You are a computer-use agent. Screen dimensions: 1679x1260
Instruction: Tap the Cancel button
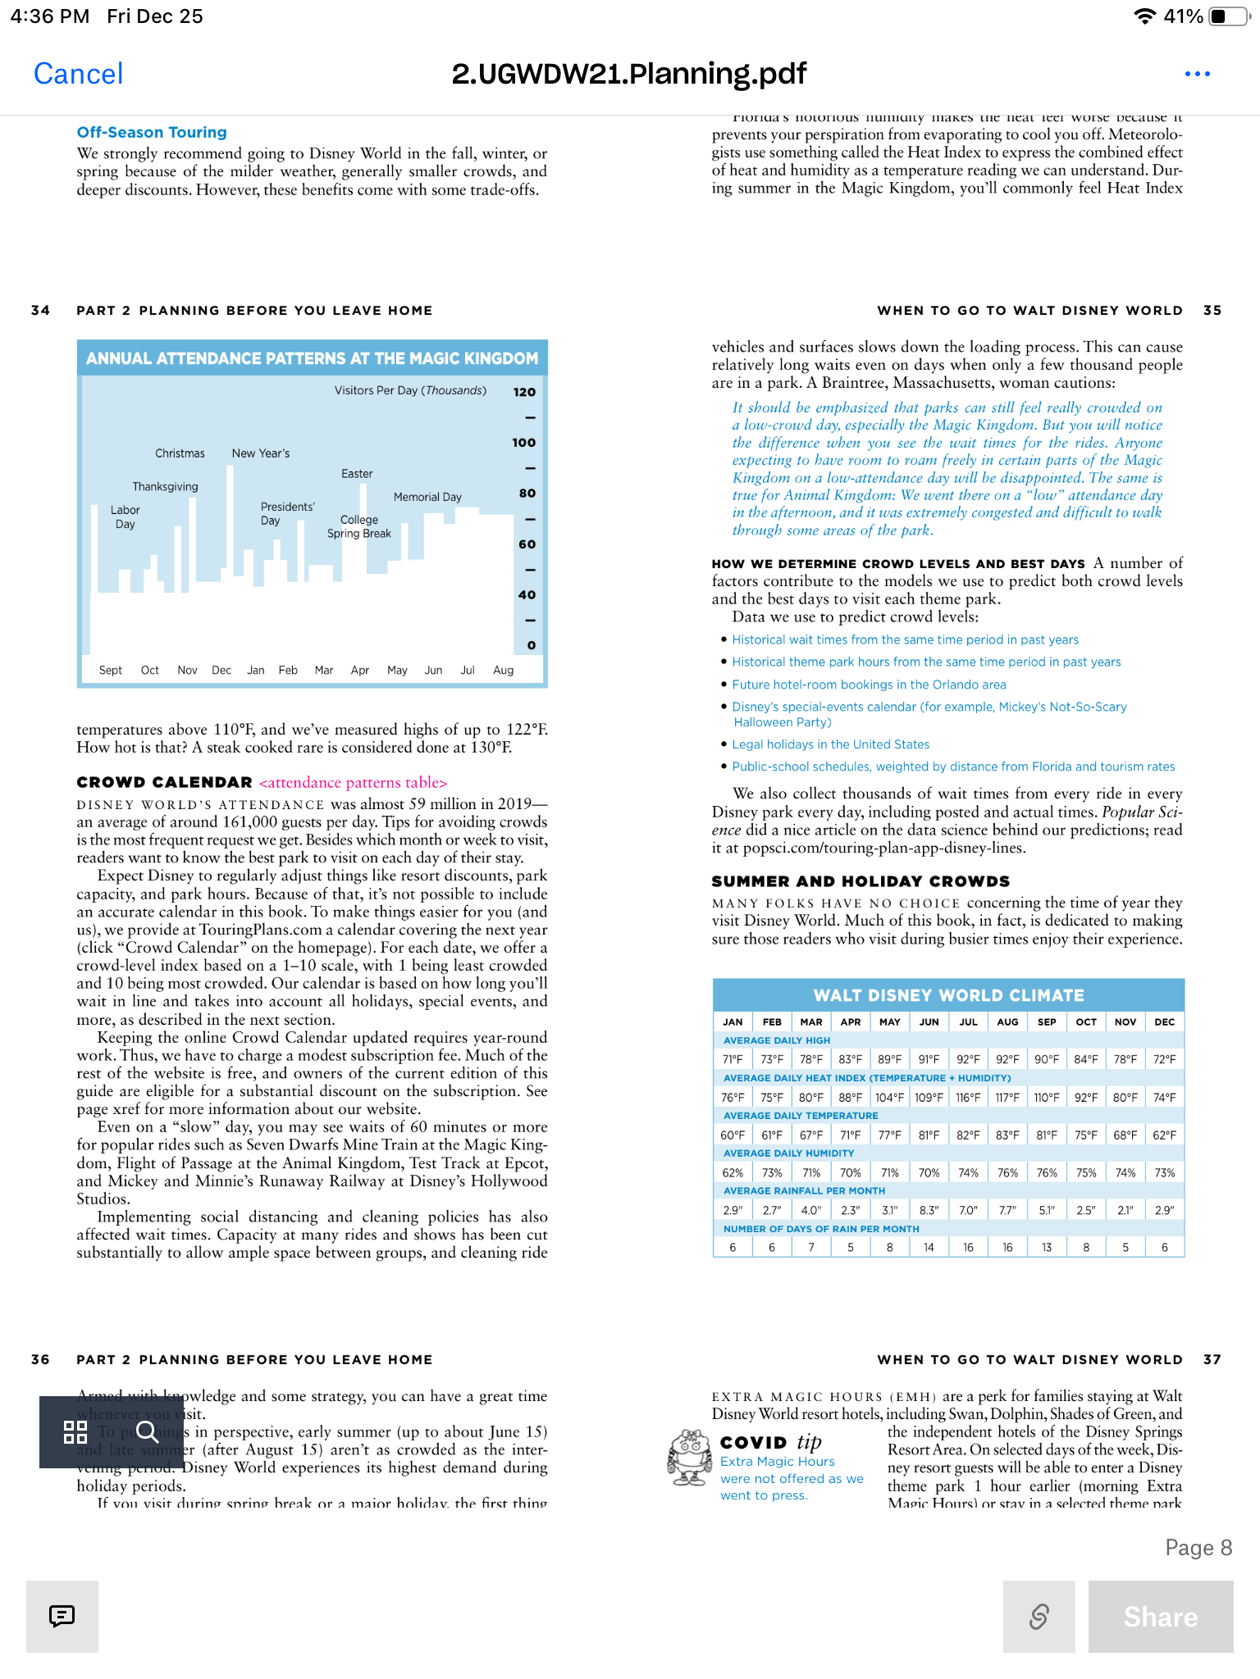(79, 74)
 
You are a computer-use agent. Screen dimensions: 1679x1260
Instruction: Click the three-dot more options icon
(1197, 74)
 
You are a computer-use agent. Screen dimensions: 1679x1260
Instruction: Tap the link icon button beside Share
(1039, 1616)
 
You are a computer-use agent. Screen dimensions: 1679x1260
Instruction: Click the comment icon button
(62, 1616)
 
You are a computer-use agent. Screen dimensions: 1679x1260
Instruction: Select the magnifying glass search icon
(148, 1431)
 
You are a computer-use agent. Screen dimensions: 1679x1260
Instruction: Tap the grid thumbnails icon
(75, 1432)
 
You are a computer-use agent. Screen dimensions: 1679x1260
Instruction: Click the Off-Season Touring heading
(152, 132)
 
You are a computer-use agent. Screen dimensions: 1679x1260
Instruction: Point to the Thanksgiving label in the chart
(165, 486)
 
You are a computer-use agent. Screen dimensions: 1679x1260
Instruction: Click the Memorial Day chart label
(427, 497)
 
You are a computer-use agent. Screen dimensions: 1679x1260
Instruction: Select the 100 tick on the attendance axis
(523, 443)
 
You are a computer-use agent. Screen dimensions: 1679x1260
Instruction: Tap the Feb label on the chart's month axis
(288, 670)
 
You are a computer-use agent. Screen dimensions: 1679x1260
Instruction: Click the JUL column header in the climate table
(968, 1022)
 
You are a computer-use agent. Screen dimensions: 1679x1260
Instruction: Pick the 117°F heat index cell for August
(1007, 1097)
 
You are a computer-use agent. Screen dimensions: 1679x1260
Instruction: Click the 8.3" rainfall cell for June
(929, 1210)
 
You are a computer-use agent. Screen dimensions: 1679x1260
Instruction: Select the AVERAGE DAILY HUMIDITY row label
(788, 1153)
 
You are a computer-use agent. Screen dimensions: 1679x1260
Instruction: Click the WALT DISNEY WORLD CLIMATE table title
(948, 995)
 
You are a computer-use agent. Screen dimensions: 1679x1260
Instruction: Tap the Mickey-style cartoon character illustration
(689, 1458)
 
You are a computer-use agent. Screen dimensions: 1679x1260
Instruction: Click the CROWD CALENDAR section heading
(164, 782)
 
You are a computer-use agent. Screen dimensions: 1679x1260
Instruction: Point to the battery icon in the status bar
(1226, 16)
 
